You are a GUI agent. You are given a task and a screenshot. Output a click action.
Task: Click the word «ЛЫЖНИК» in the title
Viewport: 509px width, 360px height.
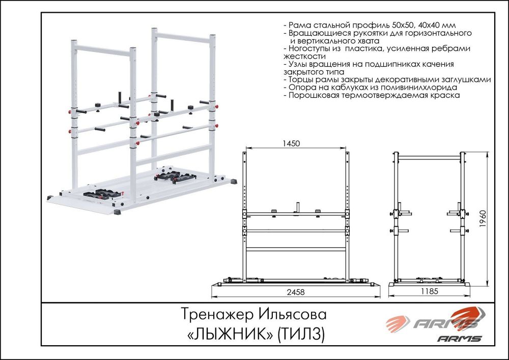[x=231, y=334]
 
